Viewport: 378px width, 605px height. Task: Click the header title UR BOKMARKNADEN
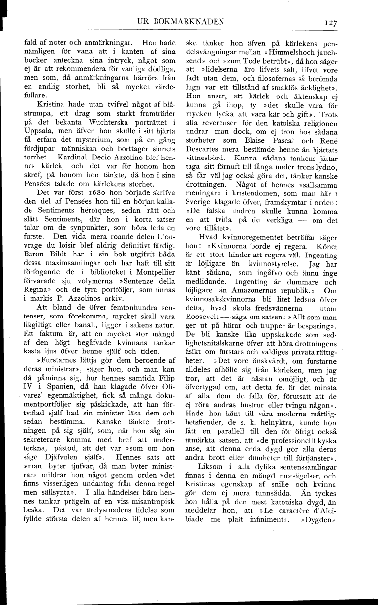click(182, 21)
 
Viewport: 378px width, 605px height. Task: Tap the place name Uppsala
click(38, 170)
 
